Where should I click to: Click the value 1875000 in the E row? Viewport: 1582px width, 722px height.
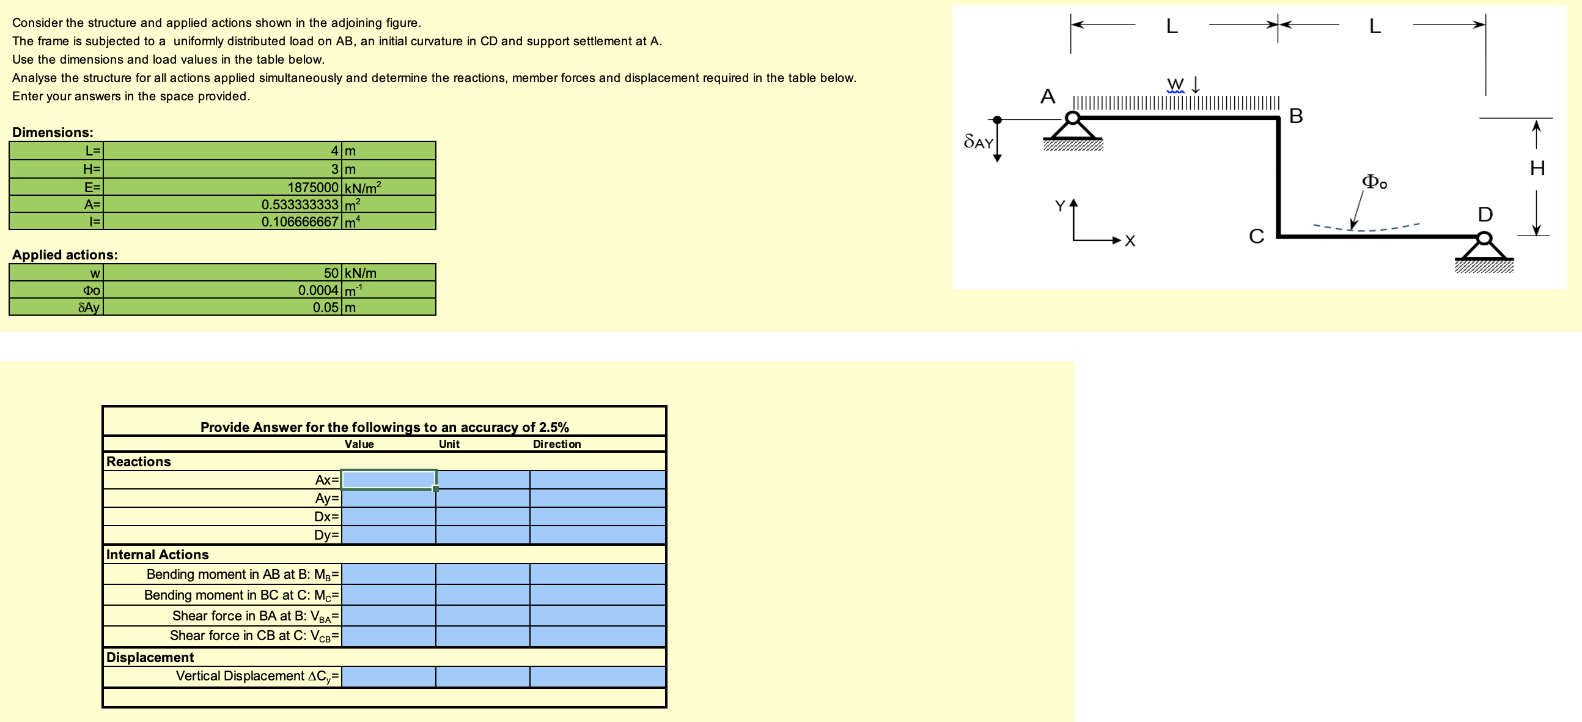[312, 187]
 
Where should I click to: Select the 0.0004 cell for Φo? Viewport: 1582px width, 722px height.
[317, 290]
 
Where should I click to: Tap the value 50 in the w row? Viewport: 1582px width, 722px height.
[331, 273]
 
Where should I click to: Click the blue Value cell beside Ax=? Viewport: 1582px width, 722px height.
[388, 480]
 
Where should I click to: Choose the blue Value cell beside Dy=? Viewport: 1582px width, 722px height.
[388, 535]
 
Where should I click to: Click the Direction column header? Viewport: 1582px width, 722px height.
[556, 444]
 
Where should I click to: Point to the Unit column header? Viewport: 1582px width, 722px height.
[449, 444]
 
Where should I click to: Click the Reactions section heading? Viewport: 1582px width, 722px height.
[139, 461]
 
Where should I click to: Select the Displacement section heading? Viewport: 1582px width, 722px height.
[150, 657]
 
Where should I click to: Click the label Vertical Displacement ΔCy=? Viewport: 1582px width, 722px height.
[257, 676]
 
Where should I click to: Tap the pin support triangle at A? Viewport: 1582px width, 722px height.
[1072, 129]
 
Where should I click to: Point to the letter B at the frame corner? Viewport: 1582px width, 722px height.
[1296, 116]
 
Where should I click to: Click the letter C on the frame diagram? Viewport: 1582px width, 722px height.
[1257, 236]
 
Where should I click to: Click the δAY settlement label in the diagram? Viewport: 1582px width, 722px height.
[978, 142]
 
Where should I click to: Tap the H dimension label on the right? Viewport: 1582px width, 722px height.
[1537, 168]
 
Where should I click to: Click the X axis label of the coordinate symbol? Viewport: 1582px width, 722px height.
[1130, 242]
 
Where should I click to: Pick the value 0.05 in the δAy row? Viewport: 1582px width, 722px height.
[325, 307]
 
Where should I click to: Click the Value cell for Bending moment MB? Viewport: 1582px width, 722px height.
[388, 574]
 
